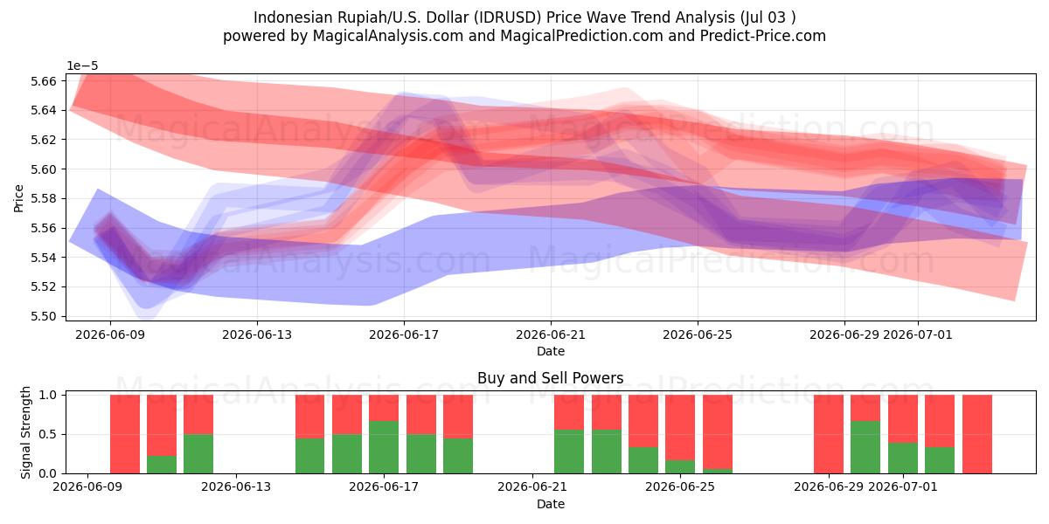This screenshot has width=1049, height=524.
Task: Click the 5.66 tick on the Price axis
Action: (43, 81)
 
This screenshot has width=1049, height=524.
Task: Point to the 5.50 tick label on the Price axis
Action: (43, 316)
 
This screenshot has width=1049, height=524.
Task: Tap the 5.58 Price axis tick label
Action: (43, 199)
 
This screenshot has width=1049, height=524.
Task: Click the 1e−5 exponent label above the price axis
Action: (82, 66)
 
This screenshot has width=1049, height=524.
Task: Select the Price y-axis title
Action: (18, 198)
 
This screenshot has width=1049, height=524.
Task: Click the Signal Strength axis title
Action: (25, 432)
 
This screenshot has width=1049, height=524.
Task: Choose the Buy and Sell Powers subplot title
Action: (550, 378)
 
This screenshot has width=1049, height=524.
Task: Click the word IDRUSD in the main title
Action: (507, 17)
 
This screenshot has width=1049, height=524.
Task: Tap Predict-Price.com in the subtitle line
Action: (763, 36)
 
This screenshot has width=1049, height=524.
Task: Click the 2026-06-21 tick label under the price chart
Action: (551, 335)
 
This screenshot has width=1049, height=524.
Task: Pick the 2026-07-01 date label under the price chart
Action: (917, 335)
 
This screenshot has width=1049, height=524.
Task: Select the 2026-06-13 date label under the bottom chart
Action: (236, 487)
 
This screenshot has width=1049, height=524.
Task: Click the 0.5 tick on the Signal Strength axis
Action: (47, 435)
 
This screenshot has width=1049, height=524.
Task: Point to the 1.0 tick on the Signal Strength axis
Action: (47, 396)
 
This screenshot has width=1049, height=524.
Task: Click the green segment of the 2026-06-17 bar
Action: (384, 447)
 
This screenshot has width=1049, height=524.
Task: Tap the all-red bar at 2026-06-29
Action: (829, 434)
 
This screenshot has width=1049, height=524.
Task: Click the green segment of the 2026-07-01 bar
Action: (902, 458)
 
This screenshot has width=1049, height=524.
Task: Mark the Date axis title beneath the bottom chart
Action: (550, 505)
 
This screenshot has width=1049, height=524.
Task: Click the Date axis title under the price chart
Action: (550, 351)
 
